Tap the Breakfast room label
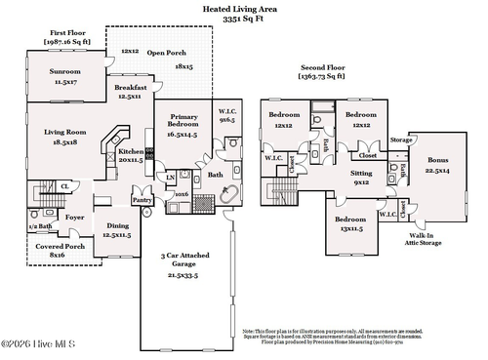pyautogui.click(x=129, y=87)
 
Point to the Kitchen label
pyautogui.click(x=132, y=152)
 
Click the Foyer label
pyautogui.click(x=74, y=220)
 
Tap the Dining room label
pyautogui.click(x=117, y=225)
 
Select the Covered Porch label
pyautogui.click(x=61, y=247)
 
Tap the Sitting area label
pyautogui.click(x=361, y=172)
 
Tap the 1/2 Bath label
pyautogui.click(x=40, y=225)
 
